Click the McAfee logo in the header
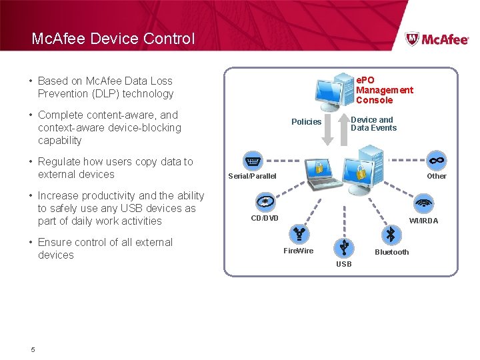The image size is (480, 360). (x=437, y=39)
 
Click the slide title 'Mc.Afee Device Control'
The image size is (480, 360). (x=113, y=39)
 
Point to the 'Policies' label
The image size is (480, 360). (x=306, y=122)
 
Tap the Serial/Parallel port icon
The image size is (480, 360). (x=253, y=161)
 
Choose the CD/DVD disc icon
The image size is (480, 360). (x=265, y=202)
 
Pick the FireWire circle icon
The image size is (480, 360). (x=297, y=233)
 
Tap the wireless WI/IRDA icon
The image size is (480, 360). (x=423, y=203)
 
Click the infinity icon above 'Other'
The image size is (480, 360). (x=437, y=161)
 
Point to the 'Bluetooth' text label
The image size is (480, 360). (x=392, y=252)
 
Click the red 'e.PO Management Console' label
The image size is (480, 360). (x=384, y=90)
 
